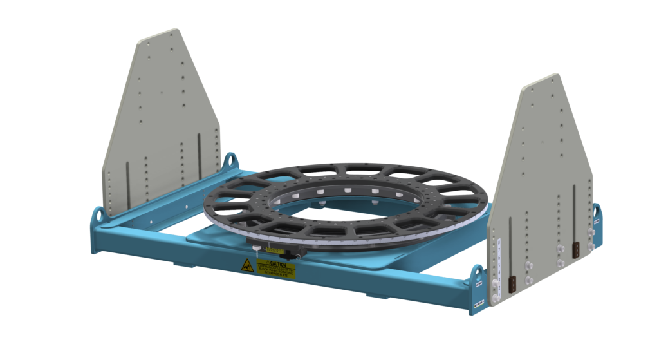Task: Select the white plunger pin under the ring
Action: pyautogui.click(x=255, y=247)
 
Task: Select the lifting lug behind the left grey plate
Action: pyautogui.click(x=229, y=160)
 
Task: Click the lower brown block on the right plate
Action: pyautogui.click(x=513, y=283)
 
